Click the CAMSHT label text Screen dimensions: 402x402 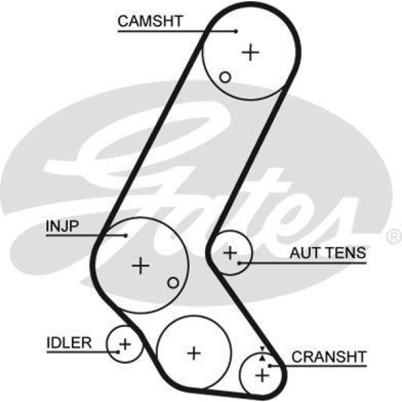point(149,20)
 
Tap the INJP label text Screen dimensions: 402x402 point(62,226)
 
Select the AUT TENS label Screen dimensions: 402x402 point(328,253)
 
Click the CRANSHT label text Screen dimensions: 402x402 point(329,356)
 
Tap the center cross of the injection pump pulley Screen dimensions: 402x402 point(140,265)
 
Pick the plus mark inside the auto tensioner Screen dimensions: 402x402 point(230,253)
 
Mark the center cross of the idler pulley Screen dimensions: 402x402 point(125,345)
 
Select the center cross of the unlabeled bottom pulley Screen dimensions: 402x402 point(194,352)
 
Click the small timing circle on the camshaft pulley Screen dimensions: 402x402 point(225,77)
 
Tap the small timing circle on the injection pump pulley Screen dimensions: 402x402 point(174,283)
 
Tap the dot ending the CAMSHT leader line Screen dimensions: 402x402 point(237,31)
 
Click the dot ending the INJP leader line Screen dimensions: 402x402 point(126,235)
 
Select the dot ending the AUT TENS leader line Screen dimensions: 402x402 point(240,263)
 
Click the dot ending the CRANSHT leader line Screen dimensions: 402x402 point(271,366)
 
